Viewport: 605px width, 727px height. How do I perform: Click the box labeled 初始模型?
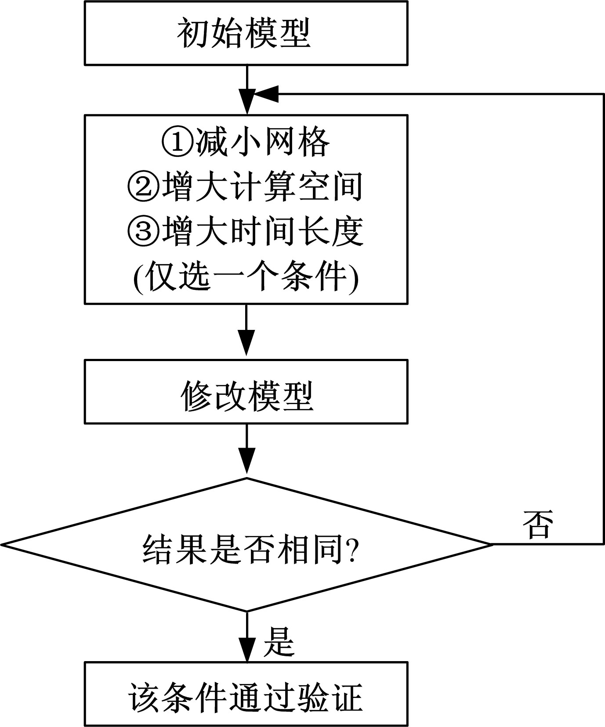pos(246,33)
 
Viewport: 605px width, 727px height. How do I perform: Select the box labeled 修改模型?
pos(246,392)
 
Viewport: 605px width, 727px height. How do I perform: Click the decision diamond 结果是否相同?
pos(246,545)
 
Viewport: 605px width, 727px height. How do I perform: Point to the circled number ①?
pos(178,142)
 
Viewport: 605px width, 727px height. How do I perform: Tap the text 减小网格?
pos(263,142)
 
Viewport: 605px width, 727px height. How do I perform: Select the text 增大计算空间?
pos(263,187)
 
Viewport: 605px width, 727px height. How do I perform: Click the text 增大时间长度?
pos(263,231)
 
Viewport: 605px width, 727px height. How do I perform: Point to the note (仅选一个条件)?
pos(246,277)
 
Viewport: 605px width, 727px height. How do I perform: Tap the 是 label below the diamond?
pos(279,642)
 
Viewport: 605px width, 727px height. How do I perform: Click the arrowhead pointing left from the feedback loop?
pos(266,94)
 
